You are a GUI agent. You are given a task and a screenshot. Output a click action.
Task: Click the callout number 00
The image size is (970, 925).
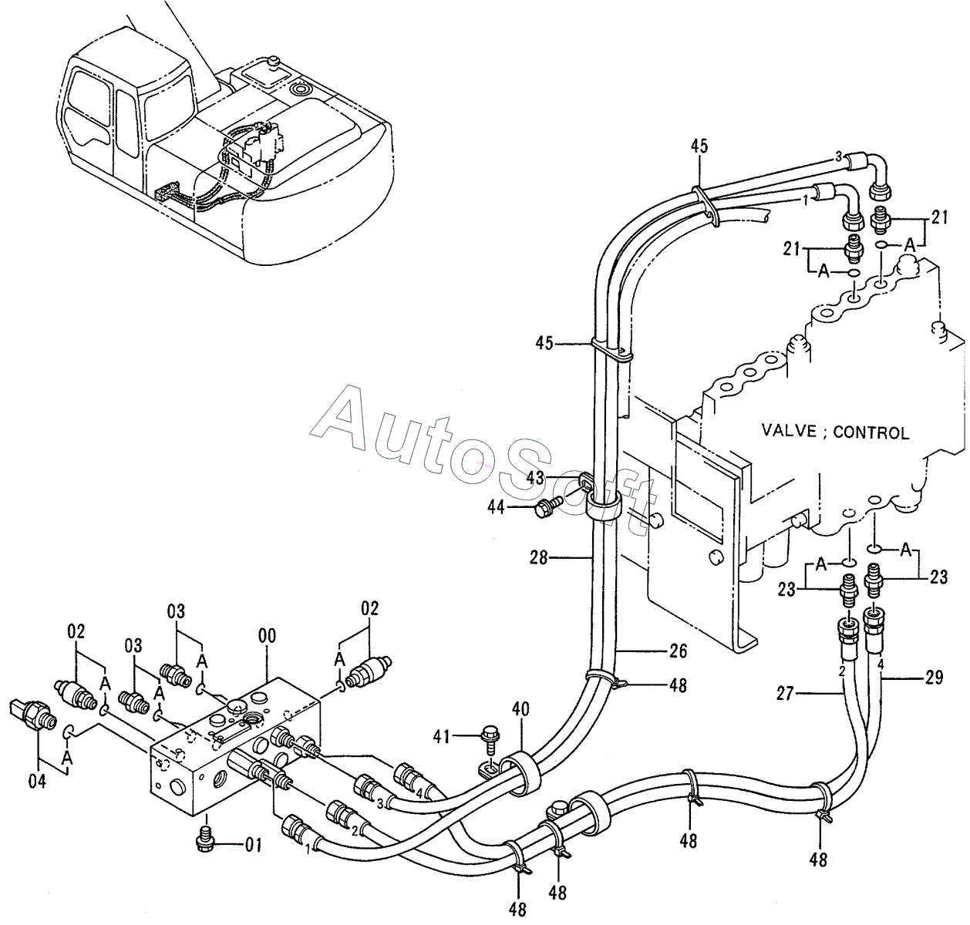267,636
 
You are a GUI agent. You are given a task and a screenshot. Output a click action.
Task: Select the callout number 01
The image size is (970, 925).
253,846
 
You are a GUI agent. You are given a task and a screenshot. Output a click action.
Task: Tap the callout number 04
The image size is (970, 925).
38,781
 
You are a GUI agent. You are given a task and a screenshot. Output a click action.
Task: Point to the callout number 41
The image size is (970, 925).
442,737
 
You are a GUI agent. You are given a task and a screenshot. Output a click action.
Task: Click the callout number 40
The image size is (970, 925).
520,709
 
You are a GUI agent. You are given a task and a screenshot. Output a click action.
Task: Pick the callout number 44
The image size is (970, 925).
497,506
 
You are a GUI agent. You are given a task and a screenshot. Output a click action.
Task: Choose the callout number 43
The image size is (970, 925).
535,478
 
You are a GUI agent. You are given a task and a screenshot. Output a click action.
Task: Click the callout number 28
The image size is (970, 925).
539,558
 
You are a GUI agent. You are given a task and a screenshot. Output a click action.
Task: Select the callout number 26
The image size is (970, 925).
679,651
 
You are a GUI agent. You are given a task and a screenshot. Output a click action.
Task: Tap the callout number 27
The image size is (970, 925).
786,695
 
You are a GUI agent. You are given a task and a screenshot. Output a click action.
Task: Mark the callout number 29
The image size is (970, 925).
934,678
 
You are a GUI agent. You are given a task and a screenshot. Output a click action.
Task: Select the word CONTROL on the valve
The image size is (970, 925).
871,432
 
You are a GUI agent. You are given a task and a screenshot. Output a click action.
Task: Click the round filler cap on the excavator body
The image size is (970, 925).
299,89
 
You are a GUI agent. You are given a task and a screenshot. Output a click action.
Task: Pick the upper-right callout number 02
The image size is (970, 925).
369,609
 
